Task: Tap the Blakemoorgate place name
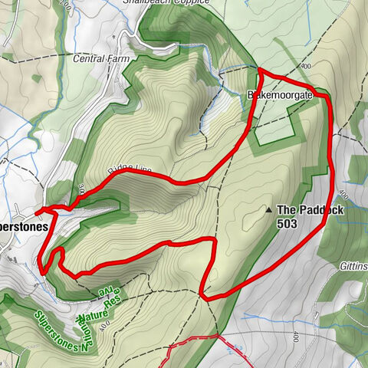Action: (281, 96)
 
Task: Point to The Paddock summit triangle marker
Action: (268, 209)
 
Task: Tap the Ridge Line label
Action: (131, 170)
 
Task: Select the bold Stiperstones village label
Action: (23, 227)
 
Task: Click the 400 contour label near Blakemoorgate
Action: (307, 67)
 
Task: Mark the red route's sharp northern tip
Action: (259, 71)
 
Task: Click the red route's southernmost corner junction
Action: (201, 294)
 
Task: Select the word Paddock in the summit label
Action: (323, 209)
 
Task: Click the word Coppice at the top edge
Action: (192, 3)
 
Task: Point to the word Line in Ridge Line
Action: (143, 168)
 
